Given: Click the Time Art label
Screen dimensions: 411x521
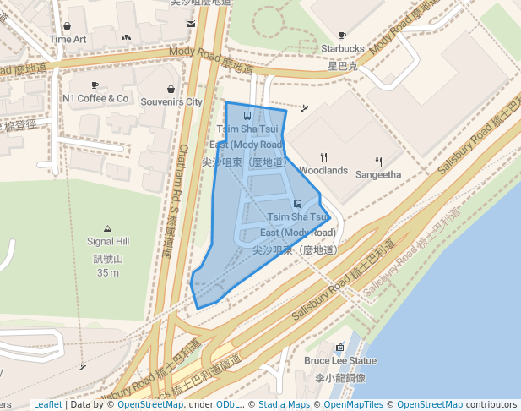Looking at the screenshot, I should (68, 39).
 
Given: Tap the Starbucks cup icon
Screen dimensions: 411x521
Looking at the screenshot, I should (342, 36).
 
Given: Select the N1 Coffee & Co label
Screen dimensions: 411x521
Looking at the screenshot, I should (95, 98).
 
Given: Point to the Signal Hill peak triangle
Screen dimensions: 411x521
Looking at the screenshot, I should (107, 228).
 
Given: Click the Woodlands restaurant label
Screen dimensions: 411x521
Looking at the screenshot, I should (323, 170).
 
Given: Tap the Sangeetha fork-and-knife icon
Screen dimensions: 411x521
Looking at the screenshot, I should (379, 161).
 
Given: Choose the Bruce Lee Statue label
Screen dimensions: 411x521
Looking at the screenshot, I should (340, 361).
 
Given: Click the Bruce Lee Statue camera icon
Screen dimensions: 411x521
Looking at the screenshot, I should (339, 348).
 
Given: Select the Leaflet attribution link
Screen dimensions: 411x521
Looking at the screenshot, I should (47, 405).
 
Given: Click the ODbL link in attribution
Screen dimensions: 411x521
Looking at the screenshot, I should (228, 405).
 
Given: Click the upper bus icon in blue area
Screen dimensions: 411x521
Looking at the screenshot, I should (247, 116).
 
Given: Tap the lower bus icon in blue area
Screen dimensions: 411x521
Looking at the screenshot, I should (297, 204).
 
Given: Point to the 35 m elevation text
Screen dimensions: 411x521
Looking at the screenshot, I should (107, 272).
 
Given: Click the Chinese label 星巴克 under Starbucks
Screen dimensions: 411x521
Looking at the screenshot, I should (342, 63).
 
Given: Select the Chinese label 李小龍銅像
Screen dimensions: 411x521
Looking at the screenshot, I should (339, 377).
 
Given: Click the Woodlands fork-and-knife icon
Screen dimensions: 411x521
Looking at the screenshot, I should (323, 157).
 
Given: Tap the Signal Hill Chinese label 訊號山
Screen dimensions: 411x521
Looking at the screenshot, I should (108, 259).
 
